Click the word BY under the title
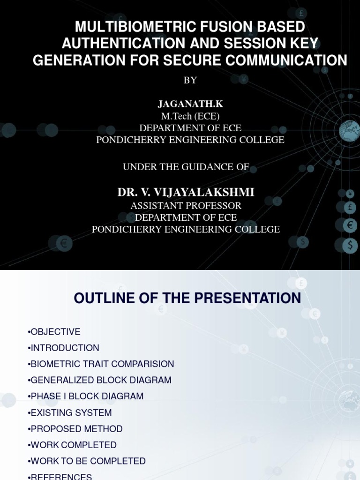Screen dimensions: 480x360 pos(190,80)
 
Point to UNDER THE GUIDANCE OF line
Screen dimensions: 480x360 pos(186,166)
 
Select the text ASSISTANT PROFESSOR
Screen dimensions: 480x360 pos(186,205)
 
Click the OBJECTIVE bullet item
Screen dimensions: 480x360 pos(54,332)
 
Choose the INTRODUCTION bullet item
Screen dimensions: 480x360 pos(64,348)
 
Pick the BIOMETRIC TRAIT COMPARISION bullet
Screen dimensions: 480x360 pos(101,364)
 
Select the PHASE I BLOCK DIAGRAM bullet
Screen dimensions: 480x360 pos(86,396)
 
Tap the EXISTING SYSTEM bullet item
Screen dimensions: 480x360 pos(70,412)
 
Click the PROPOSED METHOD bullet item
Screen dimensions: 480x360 pos(75,429)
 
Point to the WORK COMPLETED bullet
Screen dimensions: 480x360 pos(72,445)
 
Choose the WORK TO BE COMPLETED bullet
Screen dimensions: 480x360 pos(87,461)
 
